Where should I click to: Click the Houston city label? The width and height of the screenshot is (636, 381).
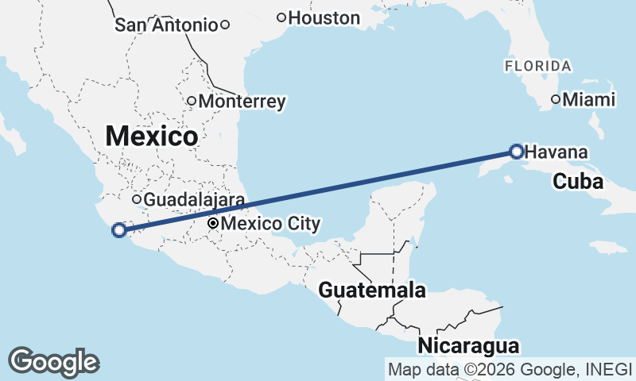(x=324, y=17)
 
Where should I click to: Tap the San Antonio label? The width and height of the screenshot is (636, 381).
(x=166, y=25)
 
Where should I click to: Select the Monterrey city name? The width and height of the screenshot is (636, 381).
(x=242, y=102)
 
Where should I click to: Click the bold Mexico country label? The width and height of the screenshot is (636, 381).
(x=151, y=136)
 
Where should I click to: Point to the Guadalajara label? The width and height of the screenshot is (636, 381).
(x=194, y=199)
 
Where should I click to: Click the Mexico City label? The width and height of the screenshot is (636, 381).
(x=270, y=224)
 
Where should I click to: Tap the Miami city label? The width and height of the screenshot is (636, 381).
(x=589, y=100)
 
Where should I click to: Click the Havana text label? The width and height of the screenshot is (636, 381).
(x=556, y=152)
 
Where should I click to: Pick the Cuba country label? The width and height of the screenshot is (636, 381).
(x=578, y=182)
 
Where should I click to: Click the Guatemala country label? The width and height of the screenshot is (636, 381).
(x=372, y=291)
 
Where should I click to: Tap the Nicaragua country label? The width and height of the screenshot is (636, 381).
(x=468, y=346)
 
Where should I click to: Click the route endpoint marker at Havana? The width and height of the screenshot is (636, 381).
(x=517, y=151)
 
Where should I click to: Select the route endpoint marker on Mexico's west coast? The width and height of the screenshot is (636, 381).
(x=119, y=230)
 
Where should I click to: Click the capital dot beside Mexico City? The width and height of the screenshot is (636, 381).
(x=213, y=224)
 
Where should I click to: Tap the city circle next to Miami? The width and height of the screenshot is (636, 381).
(x=556, y=100)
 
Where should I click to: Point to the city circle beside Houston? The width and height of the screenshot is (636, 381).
(x=281, y=17)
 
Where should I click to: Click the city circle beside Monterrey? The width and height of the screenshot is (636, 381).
(x=192, y=101)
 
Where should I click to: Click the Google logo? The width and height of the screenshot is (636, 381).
(x=53, y=361)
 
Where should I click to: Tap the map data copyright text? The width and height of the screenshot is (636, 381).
(x=510, y=369)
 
